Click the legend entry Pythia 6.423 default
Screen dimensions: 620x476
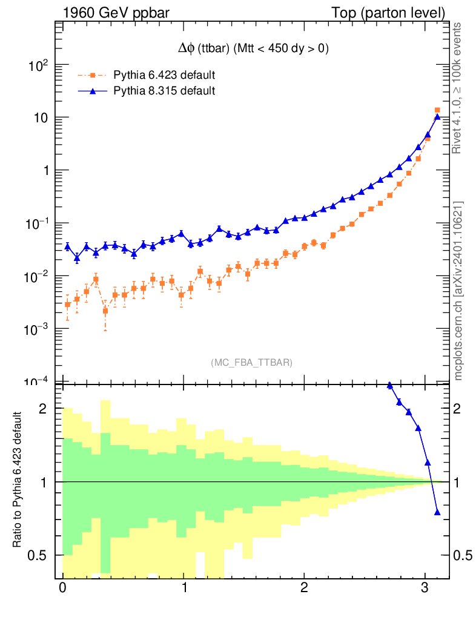tap(164, 76)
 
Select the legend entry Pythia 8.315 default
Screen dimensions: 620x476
tap(164, 91)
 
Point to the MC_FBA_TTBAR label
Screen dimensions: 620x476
tap(252, 363)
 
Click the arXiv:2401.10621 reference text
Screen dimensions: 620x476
tap(459, 291)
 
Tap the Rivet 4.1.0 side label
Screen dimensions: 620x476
tap(459, 88)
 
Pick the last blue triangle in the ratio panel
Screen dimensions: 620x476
tap(437, 513)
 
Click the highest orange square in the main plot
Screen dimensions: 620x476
tap(437, 110)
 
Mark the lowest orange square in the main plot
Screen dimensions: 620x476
tap(105, 311)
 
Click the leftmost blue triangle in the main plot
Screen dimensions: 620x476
tap(67, 246)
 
